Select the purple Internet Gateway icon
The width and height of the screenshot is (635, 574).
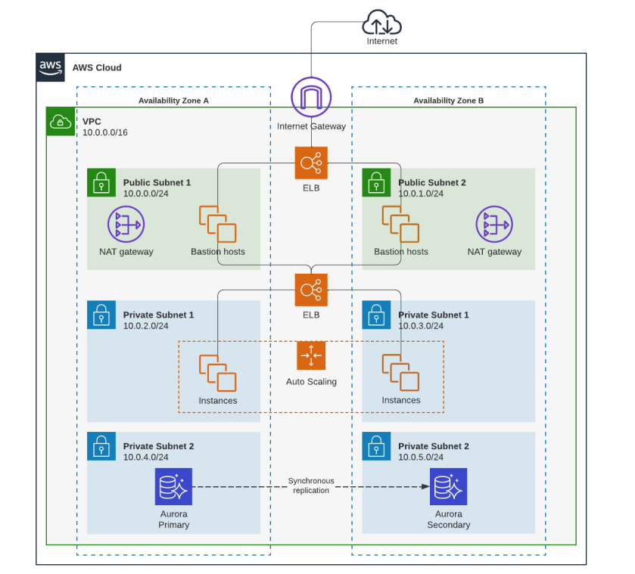click(x=311, y=98)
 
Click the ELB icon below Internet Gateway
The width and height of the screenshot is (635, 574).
click(x=311, y=163)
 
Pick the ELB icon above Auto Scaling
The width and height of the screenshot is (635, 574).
click(x=311, y=290)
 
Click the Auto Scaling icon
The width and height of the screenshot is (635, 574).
click(x=311, y=355)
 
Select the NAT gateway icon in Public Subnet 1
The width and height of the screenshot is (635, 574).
click(x=126, y=225)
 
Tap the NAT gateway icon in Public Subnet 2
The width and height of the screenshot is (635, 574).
click(x=494, y=225)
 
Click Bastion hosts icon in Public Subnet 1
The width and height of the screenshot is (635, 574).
click(x=218, y=224)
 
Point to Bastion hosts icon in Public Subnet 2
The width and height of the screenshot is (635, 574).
click(x=400, y=224)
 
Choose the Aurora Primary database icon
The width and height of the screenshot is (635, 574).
click(x=174, y=486)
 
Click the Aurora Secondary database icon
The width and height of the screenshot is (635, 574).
click(x=449, y=486)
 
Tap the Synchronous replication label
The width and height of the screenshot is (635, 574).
click(x=311, y=486)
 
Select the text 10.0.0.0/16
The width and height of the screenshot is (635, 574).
click(x=105, y=132)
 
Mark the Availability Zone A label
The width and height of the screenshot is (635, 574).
click(x=173, y=101)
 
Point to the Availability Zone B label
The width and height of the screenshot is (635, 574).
click(x=449, y=101)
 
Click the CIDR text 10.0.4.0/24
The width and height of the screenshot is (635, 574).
click(x=146, y=457)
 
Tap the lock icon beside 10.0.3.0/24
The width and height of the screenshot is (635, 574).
click(x=376, y=315)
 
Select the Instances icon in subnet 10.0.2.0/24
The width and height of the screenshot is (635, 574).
click(x=218, y=373)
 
